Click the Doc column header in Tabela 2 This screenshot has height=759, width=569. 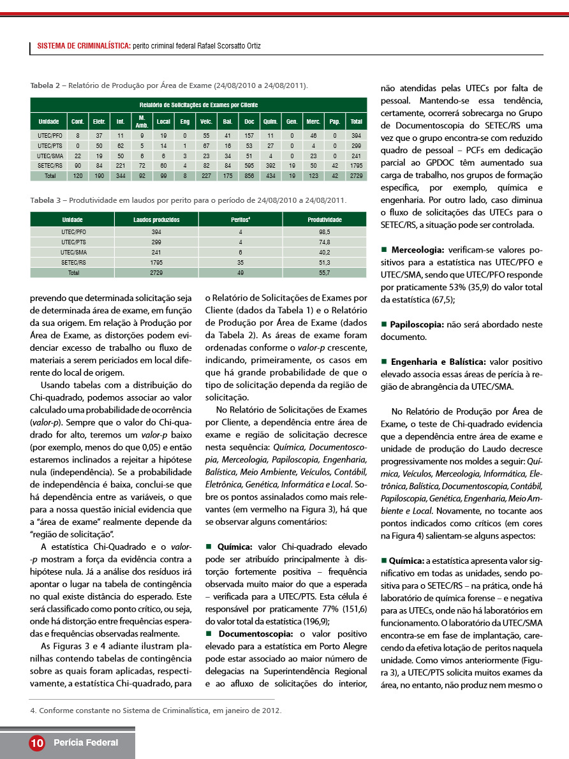point(249,121)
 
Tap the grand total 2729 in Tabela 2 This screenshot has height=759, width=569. point(356,175)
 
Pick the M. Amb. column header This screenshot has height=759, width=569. point(142,121)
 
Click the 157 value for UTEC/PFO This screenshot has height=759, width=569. point(249,136)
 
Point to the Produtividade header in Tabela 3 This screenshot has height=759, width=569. point(325,219)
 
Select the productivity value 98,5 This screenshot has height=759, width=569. point(325,232)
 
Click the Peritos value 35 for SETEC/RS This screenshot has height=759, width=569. point(240,262)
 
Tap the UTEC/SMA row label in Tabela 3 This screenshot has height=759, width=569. point(74,252)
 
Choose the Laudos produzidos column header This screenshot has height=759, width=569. point(156,219)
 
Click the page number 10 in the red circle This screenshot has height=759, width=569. point(36,742)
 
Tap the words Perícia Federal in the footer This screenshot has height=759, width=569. point(85,742)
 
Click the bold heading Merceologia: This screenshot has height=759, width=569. point(418,251)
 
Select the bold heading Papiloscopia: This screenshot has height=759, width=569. point(418,325)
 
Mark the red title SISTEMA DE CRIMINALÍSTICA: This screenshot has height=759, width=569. point(84,47)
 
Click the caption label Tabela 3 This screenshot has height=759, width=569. point(47,200)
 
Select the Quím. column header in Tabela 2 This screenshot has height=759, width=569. point(270,121)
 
